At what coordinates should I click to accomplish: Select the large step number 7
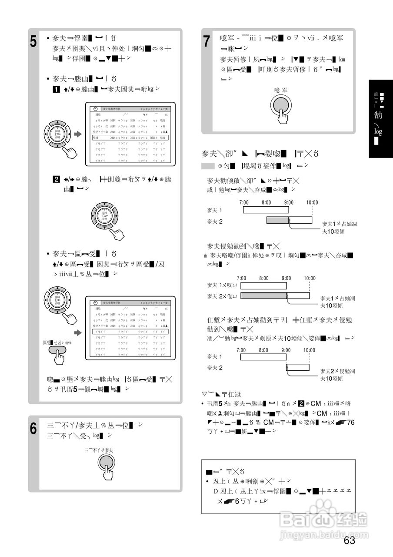click(207, 42)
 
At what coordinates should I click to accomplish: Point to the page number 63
click(349, 541)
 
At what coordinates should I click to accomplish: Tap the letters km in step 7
click(342, 59)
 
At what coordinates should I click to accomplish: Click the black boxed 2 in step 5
click(56, 179)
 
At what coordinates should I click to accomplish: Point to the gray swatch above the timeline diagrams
click(208, 166)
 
